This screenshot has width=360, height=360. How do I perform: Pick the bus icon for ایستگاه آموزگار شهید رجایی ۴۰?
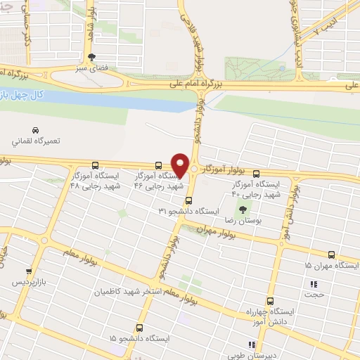(x=256, y=173)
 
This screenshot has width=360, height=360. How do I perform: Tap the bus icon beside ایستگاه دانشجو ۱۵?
(x=139, y=328)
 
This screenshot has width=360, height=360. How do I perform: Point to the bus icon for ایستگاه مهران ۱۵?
(x=332, y=255)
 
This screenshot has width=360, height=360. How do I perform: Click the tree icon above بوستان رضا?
(x=243, y=209)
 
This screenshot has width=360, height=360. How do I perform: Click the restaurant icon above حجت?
(x=314, y=285)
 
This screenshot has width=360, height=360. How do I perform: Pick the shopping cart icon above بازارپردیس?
(x=29, y=271)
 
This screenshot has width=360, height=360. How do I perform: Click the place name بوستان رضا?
(x=238, y=221)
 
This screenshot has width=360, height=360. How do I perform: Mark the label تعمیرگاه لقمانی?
(x=36, y=141)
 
